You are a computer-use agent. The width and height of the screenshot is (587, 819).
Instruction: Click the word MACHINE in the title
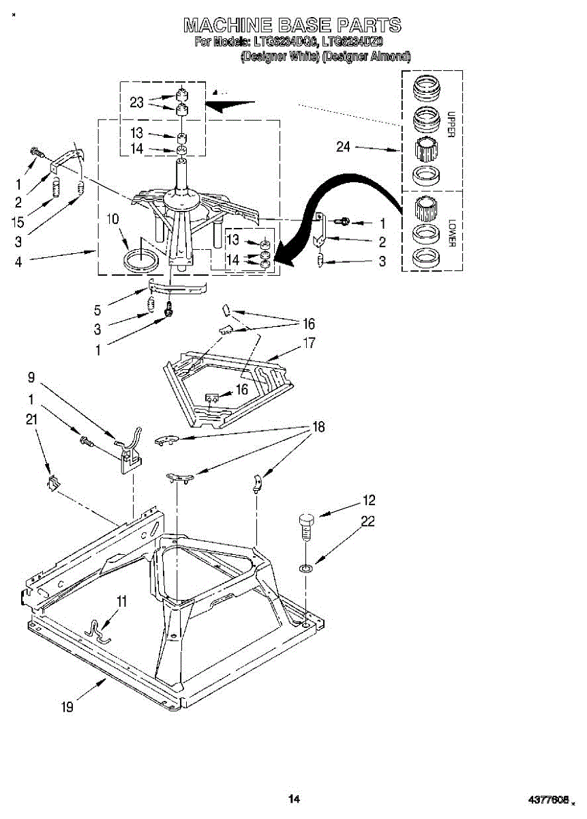(226, 26)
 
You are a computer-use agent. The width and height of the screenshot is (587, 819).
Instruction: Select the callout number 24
(343, 147)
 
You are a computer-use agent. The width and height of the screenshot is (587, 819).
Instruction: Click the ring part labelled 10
(142, 259)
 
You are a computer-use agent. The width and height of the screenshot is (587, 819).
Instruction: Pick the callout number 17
(309, 343)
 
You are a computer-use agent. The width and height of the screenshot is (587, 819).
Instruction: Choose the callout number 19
(67, 708)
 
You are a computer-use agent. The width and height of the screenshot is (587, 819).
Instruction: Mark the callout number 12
(369, 500)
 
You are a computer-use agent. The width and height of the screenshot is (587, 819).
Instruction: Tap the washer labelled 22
(306, 566)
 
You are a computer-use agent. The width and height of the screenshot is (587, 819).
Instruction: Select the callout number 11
(122, 601)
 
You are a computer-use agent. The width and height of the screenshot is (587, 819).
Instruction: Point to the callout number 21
(31, 420)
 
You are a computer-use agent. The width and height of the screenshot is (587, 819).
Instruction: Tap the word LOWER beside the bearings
(451, 233)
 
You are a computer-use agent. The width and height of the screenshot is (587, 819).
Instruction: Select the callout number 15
(18, 222)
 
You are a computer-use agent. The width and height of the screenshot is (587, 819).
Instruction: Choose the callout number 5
(97, 309)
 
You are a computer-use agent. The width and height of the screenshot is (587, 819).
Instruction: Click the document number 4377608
(550, 799)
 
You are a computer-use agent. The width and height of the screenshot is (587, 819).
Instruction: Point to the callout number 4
(18, 261)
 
